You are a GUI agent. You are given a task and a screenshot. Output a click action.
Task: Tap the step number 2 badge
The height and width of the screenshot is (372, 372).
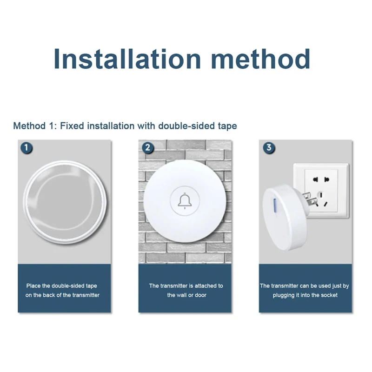[148, 148]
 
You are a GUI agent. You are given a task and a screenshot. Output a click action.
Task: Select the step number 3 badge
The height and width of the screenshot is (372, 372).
[269, 148]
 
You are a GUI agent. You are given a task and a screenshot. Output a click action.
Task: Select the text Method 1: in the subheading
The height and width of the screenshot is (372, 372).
[32, 126]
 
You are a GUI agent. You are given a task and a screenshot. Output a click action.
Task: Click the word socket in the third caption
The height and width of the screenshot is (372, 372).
[329, 295]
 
